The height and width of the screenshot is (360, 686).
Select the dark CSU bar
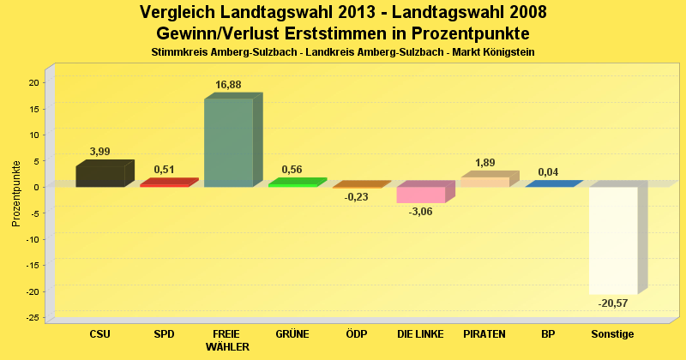(x=100, y=175)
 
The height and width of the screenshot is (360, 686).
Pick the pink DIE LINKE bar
(x=421, y=195)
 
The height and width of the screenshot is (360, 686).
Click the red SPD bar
(x=165, y=183)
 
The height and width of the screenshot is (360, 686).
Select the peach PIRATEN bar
(x=485, y=181)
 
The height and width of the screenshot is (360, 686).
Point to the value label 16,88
(x=227, y=84)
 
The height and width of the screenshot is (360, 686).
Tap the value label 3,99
(x=100, y=151)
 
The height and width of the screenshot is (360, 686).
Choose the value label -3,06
(x=421, y=212)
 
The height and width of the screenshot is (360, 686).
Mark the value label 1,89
(x=484, y=163)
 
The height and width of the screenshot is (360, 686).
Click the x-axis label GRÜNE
(x=292, y=333)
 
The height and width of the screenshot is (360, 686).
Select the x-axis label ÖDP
(x=357, y=333)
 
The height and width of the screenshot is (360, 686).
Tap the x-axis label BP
(x=549, y=333)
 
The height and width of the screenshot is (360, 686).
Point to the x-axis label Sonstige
(x=613, y=333)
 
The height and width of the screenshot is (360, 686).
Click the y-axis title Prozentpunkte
(x=16, y=193)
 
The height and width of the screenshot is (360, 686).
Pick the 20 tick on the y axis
(x=33, y=82)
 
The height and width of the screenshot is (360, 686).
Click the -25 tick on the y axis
(x=32, y=318)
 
